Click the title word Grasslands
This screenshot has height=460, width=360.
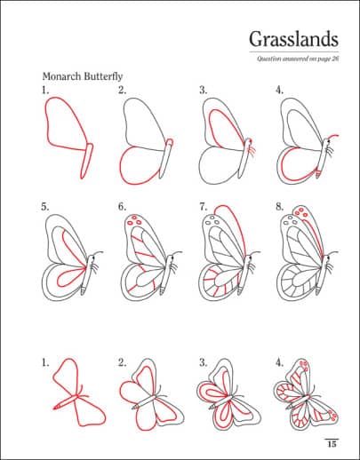[293, 40]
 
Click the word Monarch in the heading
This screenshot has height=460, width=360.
[62, 76]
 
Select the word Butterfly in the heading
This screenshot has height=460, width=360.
[103, 76]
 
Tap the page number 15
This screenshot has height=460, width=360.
[332, 444]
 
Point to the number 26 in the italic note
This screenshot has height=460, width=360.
[335, 59]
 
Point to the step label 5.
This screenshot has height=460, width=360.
[45, 207]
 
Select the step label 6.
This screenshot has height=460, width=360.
[122, 207]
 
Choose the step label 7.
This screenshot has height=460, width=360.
[203, 207]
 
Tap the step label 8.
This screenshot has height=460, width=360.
[280, 207]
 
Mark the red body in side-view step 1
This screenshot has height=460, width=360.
[86, 161]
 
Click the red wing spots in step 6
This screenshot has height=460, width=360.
[133, 220]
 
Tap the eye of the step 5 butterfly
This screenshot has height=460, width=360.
[93, 258]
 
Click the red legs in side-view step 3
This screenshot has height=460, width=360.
[252, 151]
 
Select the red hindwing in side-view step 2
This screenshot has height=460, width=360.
[140, 166]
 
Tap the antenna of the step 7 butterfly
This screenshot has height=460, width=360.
[256, 253]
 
